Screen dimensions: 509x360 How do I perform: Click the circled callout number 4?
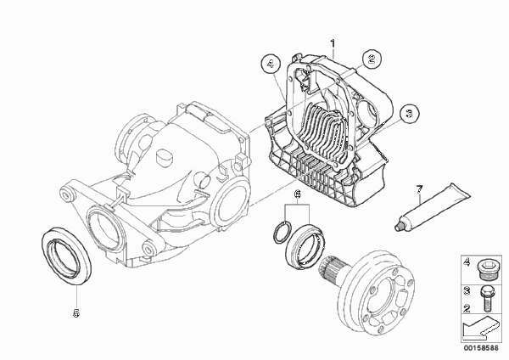271,64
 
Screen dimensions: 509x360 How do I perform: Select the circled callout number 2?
372,59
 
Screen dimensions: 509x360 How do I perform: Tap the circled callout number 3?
409,114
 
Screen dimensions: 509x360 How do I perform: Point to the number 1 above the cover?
333,43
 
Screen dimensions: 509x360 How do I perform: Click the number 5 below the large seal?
76,313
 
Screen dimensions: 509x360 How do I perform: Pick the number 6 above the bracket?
298,194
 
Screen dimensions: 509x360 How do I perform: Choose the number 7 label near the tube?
419,188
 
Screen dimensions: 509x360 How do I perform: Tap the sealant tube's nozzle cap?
399,226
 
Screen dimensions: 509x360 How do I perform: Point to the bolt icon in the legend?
485,298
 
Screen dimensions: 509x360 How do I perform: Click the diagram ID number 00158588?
481,348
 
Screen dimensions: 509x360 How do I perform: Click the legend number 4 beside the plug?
467,262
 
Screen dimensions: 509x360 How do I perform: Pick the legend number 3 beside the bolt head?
467,290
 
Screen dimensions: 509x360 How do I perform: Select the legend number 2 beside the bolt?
467,308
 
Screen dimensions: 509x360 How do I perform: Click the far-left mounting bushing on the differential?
67,194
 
